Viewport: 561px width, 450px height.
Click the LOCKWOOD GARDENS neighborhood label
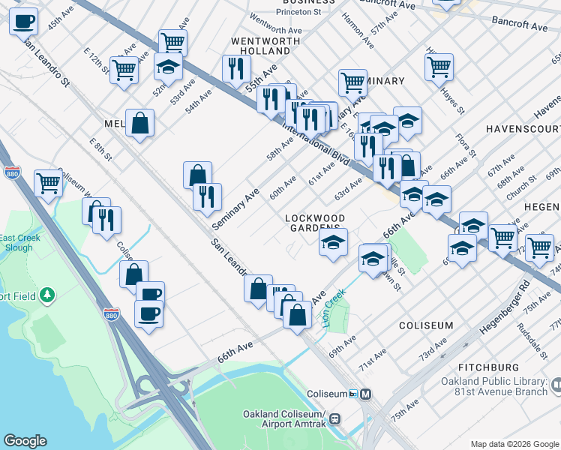pyautogui.click(x=315, y=223)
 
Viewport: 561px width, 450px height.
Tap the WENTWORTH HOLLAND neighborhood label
pyautogui.click(x=260, y=45)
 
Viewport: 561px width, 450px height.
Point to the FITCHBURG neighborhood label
pyautogui.click(x=490, y=367)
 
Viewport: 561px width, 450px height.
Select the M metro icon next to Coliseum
pyautogui.click(x=366, y=394)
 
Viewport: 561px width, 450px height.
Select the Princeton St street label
pyautogui.click(x=298, y=13)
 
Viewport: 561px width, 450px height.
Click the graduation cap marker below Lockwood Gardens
pyautogui.click(x=334, y=241)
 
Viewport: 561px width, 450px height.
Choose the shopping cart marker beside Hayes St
pyautogui.click(x=439, y=65)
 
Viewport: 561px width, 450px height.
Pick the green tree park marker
pyautogui.click(x=48, y=295)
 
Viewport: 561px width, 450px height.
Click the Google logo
pyautogui.click(x=25, y=441)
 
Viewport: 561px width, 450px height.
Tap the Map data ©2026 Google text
pyautogui.click(x=514, y=444)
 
